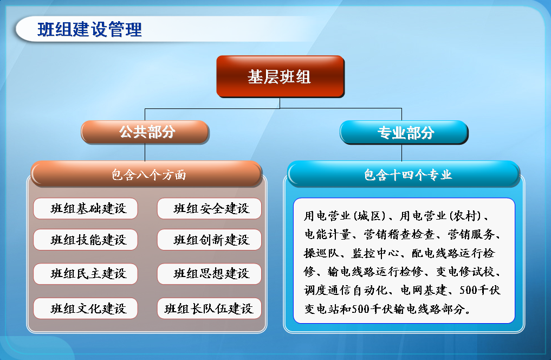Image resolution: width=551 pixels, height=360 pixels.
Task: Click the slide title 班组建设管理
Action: pos(89,29)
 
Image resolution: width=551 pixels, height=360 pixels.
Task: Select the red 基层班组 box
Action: pos(280,76)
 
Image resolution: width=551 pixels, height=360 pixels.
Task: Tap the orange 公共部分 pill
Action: pos(145,132)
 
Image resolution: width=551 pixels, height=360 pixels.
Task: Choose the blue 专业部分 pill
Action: pos(404,132)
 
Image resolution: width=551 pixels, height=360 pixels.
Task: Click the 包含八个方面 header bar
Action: pos(146,174)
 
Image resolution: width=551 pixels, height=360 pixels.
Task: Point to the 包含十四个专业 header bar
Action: pos(404,174)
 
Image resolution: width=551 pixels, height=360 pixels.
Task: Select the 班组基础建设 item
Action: pos(86,209)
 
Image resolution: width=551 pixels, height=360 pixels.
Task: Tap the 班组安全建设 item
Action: pos(210,209)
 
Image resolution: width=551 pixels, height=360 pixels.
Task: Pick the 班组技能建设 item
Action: pos(86,240)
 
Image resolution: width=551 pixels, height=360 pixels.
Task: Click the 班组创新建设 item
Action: pos(210,240)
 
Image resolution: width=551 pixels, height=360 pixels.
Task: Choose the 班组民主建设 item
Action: pos(86,273)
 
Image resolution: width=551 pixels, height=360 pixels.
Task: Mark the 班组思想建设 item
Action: pos(210,273)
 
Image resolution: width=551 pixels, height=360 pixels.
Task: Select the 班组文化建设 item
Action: pos(86,308)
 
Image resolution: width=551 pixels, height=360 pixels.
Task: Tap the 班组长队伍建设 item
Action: pos(210,308)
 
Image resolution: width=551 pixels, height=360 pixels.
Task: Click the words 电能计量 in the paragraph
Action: pos(327,234)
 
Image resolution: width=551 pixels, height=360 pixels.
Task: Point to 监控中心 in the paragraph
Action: pos(375,253)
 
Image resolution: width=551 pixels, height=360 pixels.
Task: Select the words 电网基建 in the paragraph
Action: pos(424,290)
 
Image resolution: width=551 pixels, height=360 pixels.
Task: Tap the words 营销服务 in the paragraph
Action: pos(471,234)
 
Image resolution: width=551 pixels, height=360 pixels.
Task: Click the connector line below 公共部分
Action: pos(145,152)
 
